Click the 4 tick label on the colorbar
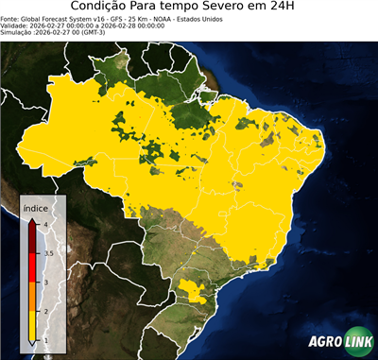click(x=46, y=224)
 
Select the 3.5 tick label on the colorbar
click(x=47, y=252)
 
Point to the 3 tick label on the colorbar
click(x=46, y=282)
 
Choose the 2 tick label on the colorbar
click(x=46, y=311)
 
